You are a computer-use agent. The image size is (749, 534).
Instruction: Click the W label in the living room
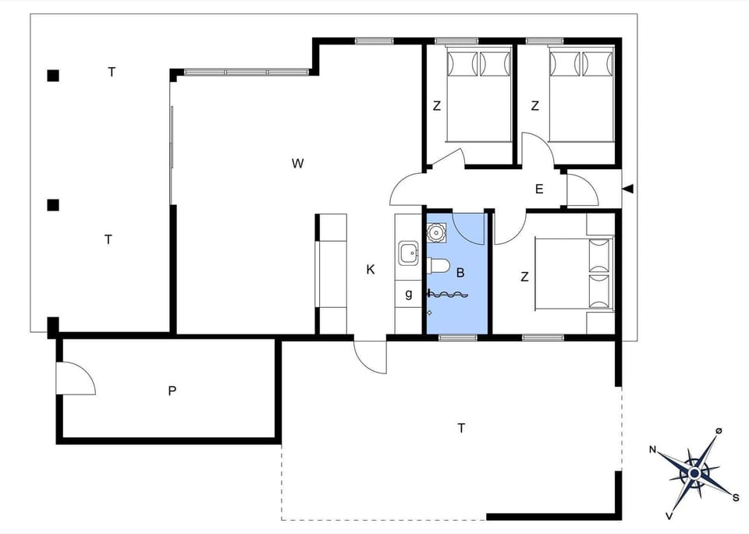[297, 164]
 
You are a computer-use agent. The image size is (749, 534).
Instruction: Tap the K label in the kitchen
[371, 270]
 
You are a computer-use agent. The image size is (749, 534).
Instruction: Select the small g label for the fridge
[408, 294]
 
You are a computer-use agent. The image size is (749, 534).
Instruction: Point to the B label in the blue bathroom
[460, 273]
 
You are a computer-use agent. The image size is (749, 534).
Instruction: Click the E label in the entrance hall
[539, 189]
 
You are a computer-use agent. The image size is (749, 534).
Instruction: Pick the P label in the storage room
[172, 391]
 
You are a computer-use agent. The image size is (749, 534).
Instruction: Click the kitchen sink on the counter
[409, 253]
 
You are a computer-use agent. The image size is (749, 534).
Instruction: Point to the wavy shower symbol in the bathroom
[449, 294]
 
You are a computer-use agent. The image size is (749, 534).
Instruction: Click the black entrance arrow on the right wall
[628, 189]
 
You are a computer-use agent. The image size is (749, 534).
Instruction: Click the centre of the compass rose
[694, 472]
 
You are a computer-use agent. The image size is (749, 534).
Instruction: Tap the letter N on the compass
[652, 450]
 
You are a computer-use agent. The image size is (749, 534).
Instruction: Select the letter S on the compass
[735, 496]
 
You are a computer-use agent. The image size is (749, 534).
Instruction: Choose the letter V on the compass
[669, 515]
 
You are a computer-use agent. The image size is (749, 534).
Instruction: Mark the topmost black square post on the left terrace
[53, 76]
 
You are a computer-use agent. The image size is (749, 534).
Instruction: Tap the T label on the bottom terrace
[461, 427]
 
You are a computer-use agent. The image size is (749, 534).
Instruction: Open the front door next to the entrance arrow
[581, 191]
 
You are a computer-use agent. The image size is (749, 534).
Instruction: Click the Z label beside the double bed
[524, 275]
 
